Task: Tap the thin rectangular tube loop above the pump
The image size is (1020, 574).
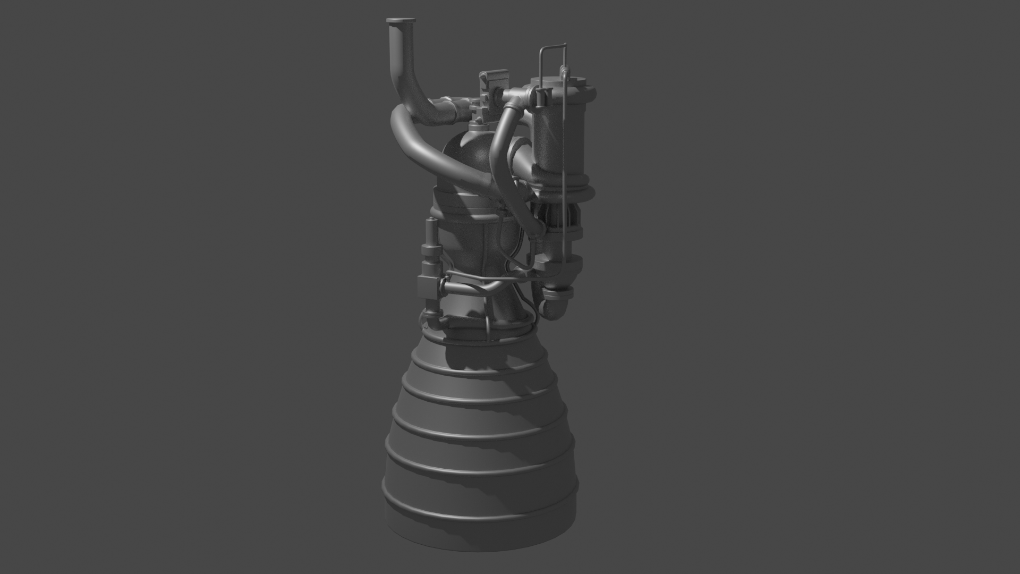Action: (553, 51)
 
